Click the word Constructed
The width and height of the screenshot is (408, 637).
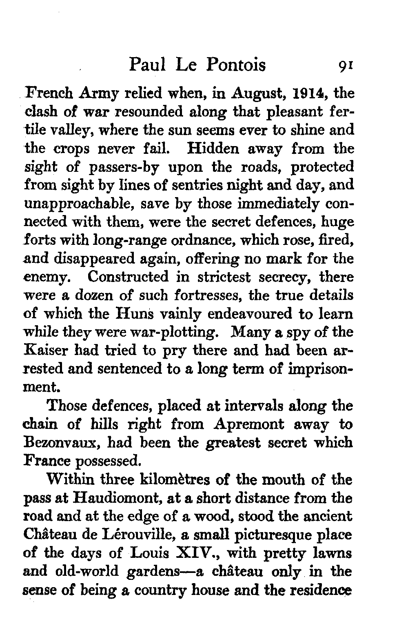[x=128, y=277]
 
